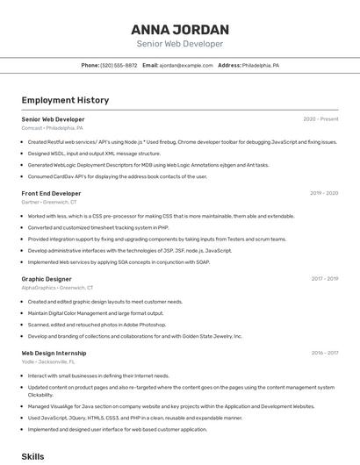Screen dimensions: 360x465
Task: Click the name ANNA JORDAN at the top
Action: coord(180,29)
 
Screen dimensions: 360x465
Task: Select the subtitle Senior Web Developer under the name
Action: coord(180,44)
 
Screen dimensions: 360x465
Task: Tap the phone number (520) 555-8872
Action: coord(119,65)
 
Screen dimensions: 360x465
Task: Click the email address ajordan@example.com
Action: coord(186,65)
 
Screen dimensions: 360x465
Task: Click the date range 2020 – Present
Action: coord(320,118)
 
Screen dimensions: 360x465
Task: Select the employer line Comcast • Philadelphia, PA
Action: coord(53,127)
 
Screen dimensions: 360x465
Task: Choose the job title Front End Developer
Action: coord(51,193)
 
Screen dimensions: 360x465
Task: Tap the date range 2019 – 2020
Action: coord(324,193)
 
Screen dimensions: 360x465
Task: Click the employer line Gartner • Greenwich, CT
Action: coord(49,202)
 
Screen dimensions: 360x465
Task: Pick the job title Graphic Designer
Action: coord(47,279)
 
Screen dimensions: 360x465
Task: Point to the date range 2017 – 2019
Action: coord(324,279)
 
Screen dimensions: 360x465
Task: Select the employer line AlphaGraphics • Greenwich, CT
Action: coord(57,288)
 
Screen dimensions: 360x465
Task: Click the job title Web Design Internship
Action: coord(54,354)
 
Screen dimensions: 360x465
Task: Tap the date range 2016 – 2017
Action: coord(324,354)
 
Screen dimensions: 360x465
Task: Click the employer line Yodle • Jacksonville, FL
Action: coord(48,362)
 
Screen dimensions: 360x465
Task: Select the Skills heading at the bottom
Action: coord(32,457)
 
